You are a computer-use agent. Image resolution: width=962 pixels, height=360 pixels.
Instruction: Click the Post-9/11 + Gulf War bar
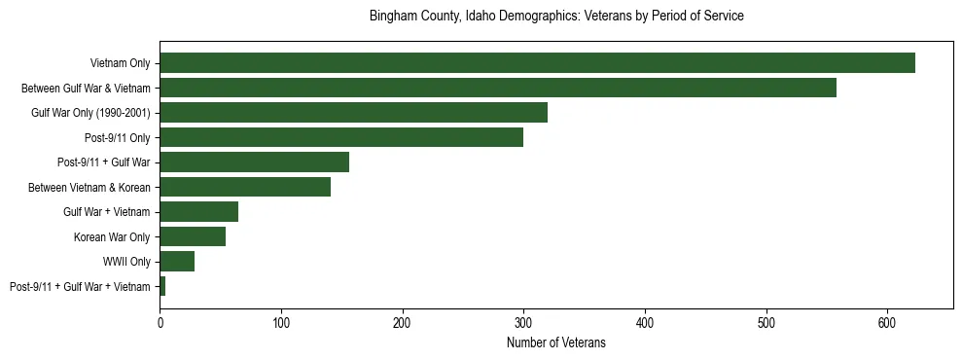[254, 162]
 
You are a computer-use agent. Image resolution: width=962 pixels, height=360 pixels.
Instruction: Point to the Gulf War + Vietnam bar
[198, 212]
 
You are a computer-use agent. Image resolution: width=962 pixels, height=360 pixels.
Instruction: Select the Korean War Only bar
[193, 236]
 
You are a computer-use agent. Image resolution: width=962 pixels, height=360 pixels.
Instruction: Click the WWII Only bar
[177, 262]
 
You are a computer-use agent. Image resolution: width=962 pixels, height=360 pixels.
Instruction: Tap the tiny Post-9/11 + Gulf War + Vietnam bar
[162, 286]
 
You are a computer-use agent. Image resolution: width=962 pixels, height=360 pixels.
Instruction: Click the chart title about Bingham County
[556, 17]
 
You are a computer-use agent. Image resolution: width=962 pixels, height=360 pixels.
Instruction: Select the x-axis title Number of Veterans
[556, 342]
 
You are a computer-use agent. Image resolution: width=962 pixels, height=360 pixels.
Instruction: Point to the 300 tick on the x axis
[523, 322]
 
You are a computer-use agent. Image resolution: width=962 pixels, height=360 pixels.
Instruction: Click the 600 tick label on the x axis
[887, 322]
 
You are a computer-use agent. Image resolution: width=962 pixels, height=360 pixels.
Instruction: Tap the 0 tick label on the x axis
[160, 322]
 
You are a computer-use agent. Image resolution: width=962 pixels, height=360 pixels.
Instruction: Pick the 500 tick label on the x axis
[766, 322]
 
